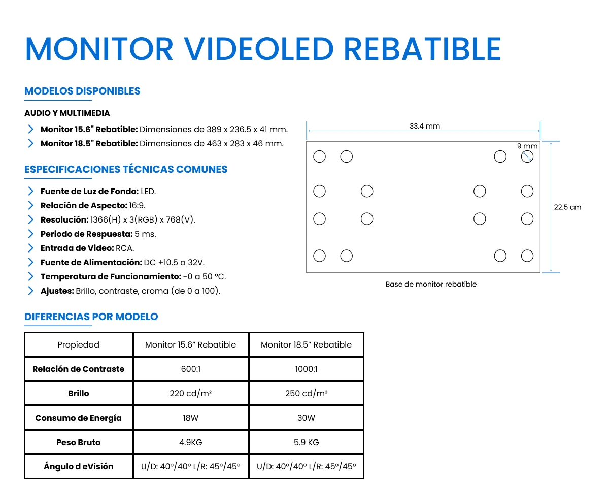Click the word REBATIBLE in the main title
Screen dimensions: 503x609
point(422,49)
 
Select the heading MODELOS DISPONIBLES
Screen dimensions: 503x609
point(82,91)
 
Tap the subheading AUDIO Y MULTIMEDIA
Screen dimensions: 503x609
point(67,113)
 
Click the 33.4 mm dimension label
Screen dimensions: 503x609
point(425,126)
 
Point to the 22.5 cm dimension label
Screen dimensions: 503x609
point(567,207)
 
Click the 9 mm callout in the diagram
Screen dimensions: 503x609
point(527,146)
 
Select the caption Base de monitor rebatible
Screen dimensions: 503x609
point(431,285)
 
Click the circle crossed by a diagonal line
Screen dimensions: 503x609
point(527,156)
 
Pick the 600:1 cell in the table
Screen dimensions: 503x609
point(191,369)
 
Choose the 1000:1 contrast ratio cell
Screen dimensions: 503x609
point(306,369)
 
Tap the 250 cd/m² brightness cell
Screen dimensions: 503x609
point(306,393)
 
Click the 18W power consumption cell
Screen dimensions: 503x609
point(191,418)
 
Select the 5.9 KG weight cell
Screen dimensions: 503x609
point(306,442)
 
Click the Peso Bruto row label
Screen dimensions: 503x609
point(78,442)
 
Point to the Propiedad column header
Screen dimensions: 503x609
point(78,344)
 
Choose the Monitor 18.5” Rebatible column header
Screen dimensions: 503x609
point(306,344)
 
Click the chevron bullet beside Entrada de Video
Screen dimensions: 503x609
point(31,248)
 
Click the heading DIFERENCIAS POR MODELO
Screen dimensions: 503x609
point(91,317)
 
